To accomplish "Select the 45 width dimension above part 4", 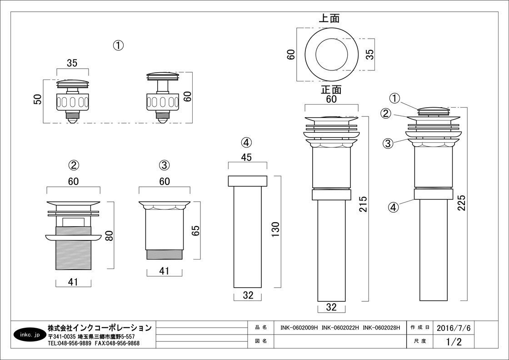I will pos(247,158).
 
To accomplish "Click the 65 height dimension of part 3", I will pos(195,230).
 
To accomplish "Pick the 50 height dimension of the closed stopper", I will pos(38,99).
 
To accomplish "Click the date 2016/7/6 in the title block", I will pos(454,328).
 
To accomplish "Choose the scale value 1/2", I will pos(454,341).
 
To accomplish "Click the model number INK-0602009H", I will pos(299,328).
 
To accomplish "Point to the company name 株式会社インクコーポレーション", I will pos(100,328).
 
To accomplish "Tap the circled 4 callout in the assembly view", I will pos(393,207).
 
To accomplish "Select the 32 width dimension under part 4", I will pos(248,295).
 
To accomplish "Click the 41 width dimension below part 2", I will pos(73,282).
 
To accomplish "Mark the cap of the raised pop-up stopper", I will pos(162,75).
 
